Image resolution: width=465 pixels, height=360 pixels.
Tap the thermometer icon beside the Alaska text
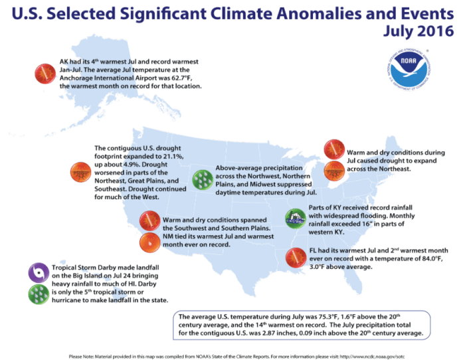[43, 72]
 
